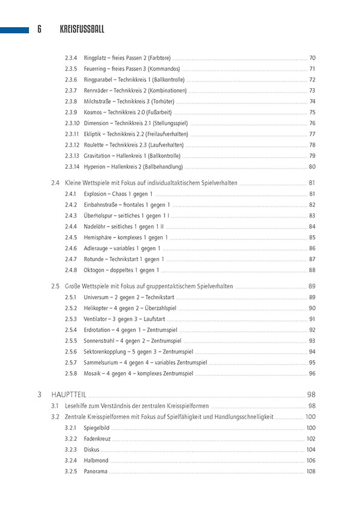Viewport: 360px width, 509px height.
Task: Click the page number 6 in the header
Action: point(39,28)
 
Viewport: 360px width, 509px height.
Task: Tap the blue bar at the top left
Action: point(15,28)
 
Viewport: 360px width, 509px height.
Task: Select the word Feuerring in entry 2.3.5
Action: point(96,69)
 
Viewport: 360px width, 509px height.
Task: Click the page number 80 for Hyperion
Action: point(312,167)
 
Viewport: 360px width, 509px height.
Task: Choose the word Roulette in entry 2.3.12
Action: point(95,145)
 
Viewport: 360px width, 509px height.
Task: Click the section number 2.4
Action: point(55,183)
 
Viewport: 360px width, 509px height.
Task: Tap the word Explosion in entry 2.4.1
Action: point(96,194)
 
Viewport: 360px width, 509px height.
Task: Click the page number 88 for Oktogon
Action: point(312,270)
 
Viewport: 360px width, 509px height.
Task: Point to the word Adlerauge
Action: point(97,248)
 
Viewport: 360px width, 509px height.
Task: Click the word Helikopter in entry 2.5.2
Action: point(97,308)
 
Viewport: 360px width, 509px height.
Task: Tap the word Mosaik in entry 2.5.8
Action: point(93,374)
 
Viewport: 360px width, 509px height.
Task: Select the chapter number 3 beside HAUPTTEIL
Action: point(39,395)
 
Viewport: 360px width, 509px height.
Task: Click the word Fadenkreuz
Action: point(98,439)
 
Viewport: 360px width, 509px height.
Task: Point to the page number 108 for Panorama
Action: point(310,472)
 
